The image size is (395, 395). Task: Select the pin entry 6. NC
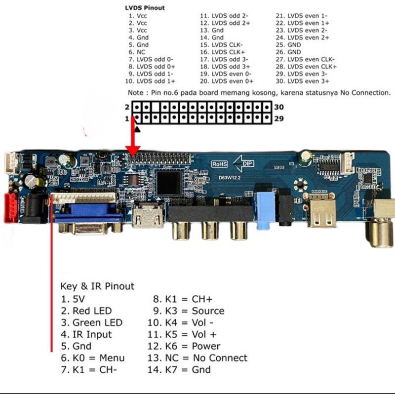[x=138, y=52]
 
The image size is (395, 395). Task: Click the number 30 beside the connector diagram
[x=278, y=107]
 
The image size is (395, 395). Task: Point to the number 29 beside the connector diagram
[x=278, y=119]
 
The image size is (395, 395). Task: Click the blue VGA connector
[x=89, y=215]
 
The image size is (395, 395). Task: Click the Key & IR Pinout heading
[x=97, y=286]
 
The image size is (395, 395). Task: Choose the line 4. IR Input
[x=86, y=334]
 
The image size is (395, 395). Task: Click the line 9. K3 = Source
[x=188, y=311]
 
